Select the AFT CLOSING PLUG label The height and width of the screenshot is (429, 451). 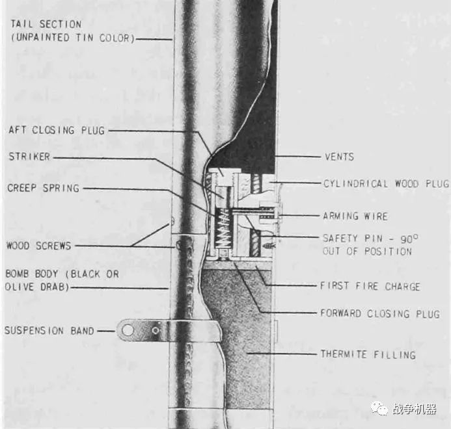pos(56,130)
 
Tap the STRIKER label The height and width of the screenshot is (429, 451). pos(29,157)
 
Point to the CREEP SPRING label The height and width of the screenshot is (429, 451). pos(43,188)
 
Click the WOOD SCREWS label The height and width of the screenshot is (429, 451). pos(38,246)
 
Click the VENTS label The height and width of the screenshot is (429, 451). pos(339,157)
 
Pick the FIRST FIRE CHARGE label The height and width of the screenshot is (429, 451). pos(370,286)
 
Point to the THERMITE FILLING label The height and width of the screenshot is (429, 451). pos(367,354)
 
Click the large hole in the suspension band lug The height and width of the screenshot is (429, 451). pos(128,330)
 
